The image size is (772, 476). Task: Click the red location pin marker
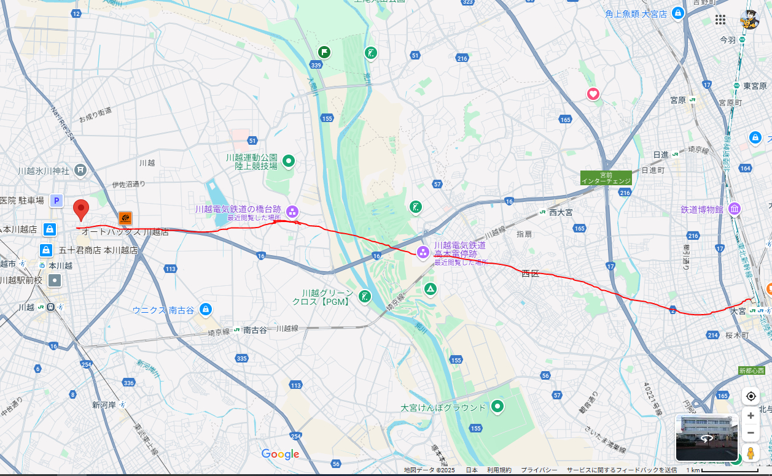[81, 210]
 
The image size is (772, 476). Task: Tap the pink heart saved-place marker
[593, 94]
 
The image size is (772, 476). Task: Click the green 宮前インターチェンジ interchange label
[606, 178]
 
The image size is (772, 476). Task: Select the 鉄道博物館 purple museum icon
[734, 210]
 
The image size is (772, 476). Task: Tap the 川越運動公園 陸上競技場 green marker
[288, 161]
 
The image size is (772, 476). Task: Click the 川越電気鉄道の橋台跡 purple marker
[292, 212]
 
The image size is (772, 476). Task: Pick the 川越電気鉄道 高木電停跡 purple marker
[423, 251]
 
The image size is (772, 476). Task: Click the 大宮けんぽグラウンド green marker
[497, 406]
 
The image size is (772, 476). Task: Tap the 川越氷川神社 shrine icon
[80, 169]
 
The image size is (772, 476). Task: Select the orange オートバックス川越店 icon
[125, 218]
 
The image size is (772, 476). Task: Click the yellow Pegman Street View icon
[751, 455]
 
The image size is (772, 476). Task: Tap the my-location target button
[751, 396]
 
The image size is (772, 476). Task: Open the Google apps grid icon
[720, 20]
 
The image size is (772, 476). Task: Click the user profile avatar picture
[749, 20]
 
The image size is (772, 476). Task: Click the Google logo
[280, 455]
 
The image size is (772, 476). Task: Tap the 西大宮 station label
[560, 212]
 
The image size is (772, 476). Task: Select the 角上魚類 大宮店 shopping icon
[677, 13]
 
